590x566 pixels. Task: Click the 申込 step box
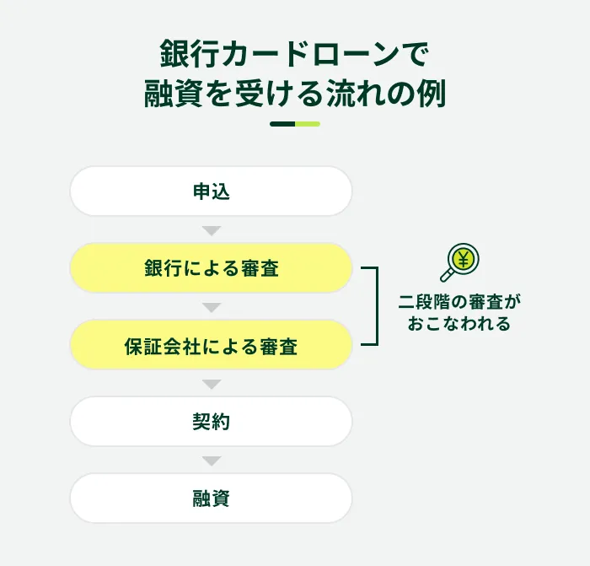tap(211, 191)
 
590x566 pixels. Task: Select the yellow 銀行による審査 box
tap(211, 267)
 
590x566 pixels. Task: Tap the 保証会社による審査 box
tap(211, 344)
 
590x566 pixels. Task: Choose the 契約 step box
tap(211, 422)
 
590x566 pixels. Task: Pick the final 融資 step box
tap(211, 499)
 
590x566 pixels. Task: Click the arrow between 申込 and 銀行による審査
tap(212, 230)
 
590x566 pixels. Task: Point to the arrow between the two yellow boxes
tap(212, 307)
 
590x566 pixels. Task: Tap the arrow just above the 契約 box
tap(212, 384)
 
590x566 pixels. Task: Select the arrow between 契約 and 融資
tap(212, 461)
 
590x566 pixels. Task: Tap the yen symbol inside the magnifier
tap(464, 260)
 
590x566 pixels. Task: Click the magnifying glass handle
tap(447, 276)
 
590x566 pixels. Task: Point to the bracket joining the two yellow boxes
tap(377, 306)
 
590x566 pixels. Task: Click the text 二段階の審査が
tap(459, 302)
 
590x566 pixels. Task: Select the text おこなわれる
tap(459, 324)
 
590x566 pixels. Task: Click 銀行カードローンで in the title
tap(295, 54)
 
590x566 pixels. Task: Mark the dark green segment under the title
tap(282, 124)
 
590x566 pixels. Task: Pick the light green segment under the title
tap(308, 124)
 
